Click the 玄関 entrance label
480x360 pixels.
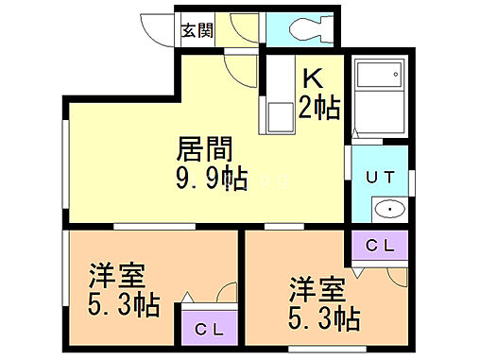coord(197,29)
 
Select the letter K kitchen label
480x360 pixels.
coord(313,78)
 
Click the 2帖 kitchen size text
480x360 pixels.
coord(319,105)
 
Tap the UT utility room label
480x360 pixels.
coord(380,177)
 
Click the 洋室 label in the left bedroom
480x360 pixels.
coord(117,280)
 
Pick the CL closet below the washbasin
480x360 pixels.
coord(380,246)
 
